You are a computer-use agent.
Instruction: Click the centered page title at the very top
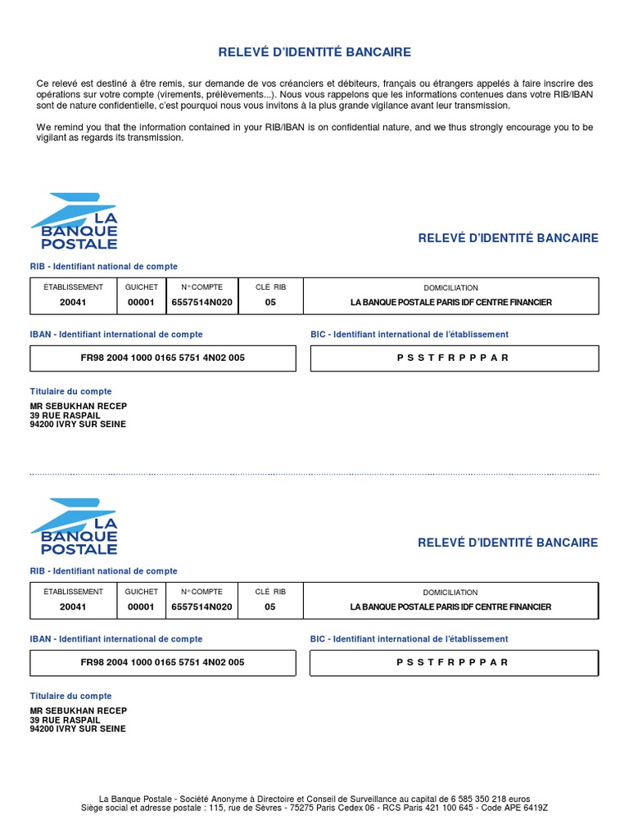point(314,52)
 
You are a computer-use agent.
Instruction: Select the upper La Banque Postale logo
point(75,221)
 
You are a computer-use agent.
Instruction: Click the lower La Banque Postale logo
point(75,526)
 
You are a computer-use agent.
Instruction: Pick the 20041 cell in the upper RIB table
point(73,303)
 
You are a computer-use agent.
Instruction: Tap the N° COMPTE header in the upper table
point(201,287)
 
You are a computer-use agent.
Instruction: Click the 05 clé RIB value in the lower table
point(270,607)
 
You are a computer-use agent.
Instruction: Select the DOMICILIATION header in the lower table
point(450,592)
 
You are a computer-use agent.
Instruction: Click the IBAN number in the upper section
point(163,358)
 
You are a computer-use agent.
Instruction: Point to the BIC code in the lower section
point(453,662)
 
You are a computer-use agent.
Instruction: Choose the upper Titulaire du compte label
point(70,391)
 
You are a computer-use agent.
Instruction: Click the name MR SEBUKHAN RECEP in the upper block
point(79,406)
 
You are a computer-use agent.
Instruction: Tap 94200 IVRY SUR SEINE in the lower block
point(78,728)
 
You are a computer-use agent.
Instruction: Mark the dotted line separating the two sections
point(314,474)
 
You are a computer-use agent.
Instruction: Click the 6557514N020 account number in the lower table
point(201,607)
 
